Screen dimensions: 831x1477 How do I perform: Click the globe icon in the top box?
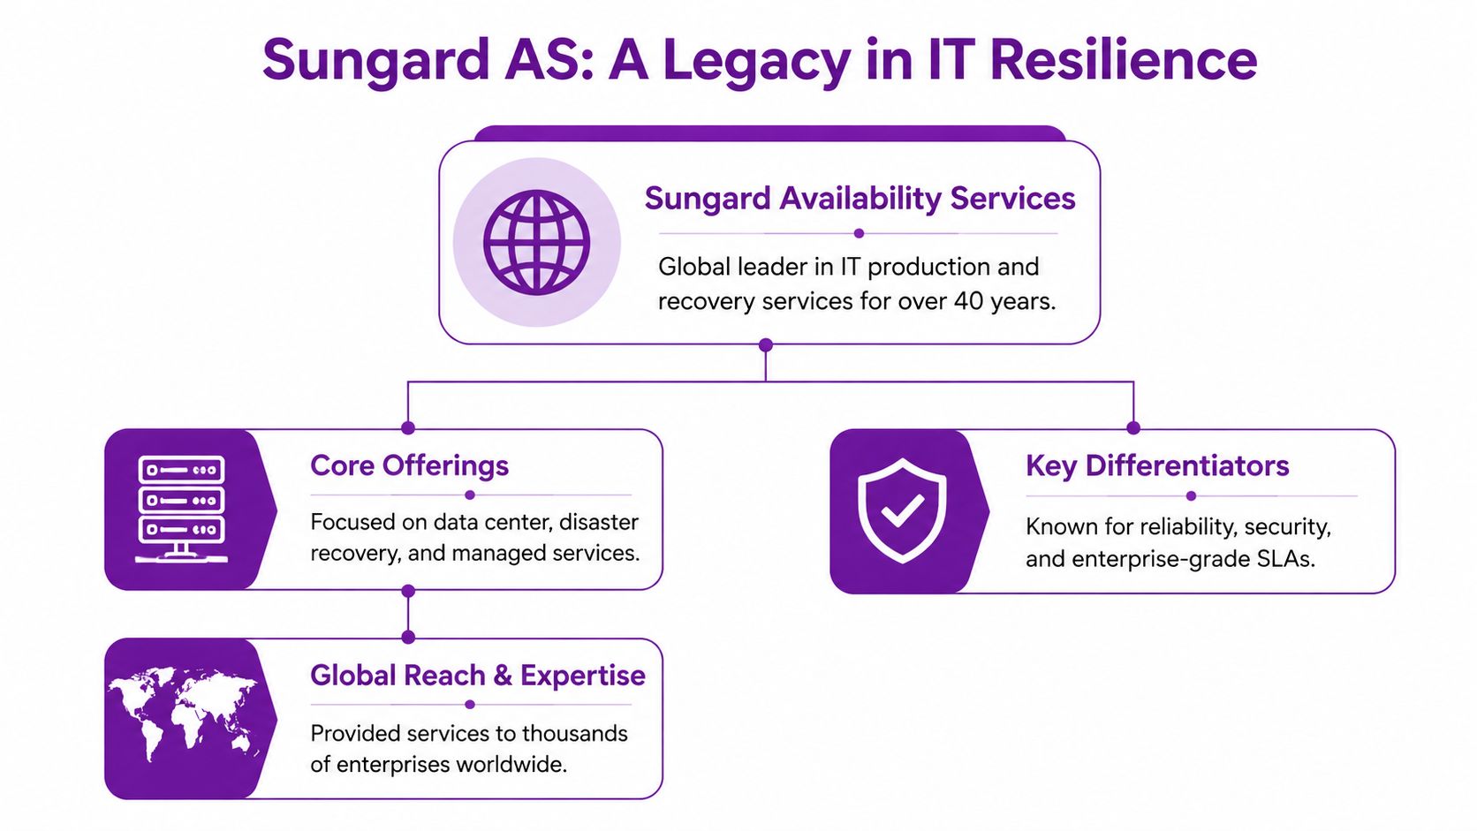(536, 242)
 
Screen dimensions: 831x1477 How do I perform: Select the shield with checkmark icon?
(902, 510)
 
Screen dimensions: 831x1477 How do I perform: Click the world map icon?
(183, 712)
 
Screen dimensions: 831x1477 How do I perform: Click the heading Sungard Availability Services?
(860, 199)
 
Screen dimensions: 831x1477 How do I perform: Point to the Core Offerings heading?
(409, 465)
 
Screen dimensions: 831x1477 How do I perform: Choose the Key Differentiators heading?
(1157, 465)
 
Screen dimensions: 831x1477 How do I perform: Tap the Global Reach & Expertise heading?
(477, 676)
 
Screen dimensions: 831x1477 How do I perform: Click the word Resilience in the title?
(1123, 60)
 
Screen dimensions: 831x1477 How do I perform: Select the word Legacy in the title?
(757, 60)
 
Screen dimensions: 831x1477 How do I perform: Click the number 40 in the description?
(968, 301)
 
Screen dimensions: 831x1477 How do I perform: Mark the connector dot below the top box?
(766, 344)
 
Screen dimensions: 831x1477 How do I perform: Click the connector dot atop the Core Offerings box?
(408, 428)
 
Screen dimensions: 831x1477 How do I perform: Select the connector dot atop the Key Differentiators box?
(1133, 428)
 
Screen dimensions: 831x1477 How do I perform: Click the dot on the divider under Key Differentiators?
(1191, 495)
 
